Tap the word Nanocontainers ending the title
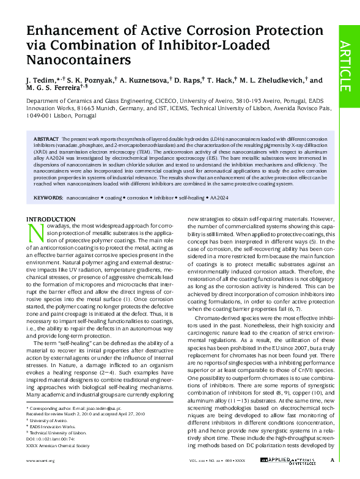point(79,60)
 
